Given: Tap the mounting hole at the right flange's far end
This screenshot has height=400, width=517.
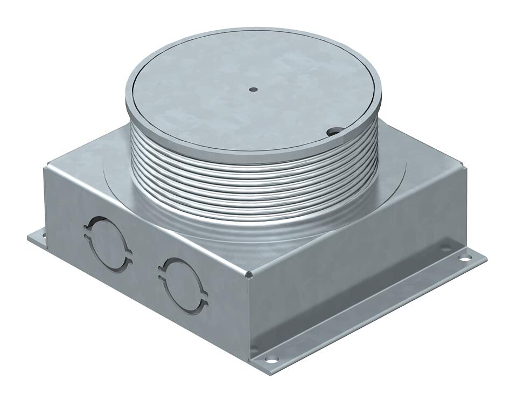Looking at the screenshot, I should pos(444,250).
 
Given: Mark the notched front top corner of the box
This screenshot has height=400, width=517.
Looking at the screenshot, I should pos(249,277).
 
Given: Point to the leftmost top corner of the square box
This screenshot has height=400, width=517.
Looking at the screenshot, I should pos(45,168).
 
